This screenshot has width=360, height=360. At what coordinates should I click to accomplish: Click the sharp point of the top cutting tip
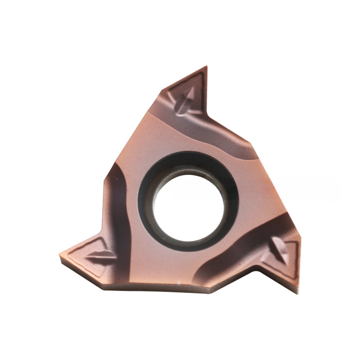[x=206, y=67]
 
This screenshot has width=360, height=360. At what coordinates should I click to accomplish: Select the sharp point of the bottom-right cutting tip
[x=298, y=292]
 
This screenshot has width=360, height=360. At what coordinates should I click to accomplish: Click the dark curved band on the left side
[x=118, y=202]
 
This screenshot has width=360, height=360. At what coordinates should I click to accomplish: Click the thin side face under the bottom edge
[x=180, y=288]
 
